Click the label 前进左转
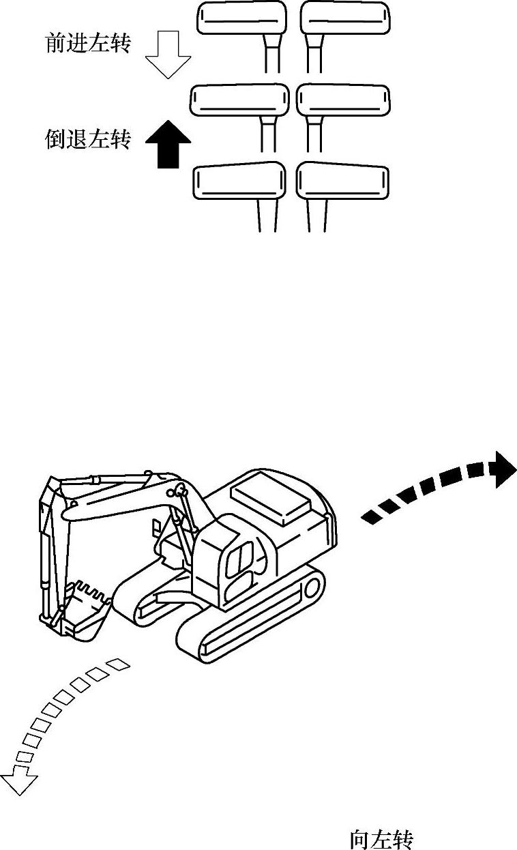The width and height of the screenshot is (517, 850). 88,44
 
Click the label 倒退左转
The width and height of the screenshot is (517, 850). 87,141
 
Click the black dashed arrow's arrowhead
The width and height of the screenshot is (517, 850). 504,470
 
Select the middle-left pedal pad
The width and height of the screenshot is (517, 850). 239,101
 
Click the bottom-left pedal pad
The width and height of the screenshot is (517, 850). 239,181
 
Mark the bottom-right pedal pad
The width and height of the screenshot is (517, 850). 343,181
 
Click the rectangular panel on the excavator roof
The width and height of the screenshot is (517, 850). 271,497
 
